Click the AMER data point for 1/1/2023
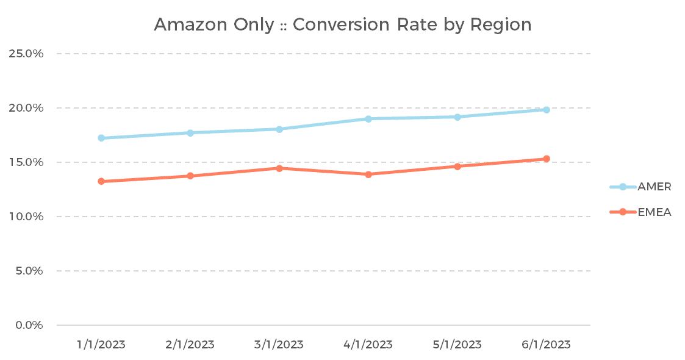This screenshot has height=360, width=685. [101, 138]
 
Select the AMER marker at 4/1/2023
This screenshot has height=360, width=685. [368, 119]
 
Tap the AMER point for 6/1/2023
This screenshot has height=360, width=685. [547, 110]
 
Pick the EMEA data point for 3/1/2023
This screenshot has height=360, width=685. [279, 168]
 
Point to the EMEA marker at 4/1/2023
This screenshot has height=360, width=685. [368, 175]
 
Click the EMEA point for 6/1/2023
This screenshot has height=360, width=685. [547, 159]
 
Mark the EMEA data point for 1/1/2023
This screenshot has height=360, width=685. [101, 181]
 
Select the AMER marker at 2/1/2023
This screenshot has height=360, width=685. [190, 133]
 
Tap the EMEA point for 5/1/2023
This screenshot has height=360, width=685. [457, 167]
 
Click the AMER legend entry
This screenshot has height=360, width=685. [640, 187]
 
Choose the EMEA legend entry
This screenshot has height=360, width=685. [640, 212]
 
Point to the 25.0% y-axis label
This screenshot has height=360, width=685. [26, 54]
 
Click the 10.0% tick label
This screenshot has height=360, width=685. [26, 217]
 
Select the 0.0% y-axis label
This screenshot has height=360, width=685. [29, 325]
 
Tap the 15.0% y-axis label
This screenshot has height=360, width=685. [26, 162]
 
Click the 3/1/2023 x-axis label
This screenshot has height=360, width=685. [279, 345]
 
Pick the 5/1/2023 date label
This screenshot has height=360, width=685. [457, 345]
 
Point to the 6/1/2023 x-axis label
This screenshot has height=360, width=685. [547, 345]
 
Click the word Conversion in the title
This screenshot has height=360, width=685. [341, 25]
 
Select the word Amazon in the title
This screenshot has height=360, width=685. [192, 25]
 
